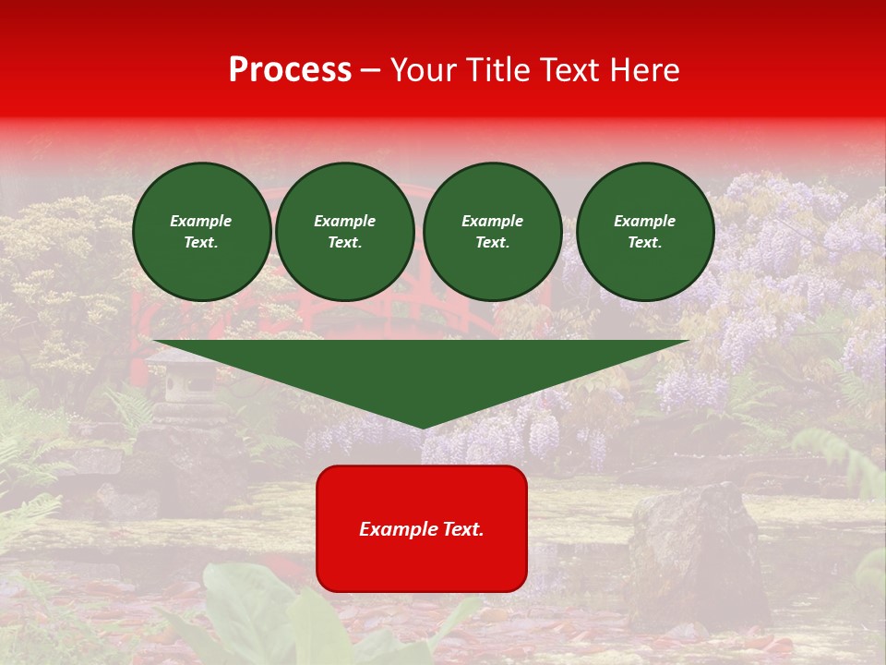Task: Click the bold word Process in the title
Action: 290,70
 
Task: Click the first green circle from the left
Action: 201,232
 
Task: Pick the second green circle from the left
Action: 344,232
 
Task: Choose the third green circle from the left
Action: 492,232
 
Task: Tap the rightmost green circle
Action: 644,232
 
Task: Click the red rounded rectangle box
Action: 422,528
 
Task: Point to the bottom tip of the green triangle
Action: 423,426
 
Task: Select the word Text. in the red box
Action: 461,529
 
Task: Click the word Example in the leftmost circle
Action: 201,221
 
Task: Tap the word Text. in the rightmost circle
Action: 644,243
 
